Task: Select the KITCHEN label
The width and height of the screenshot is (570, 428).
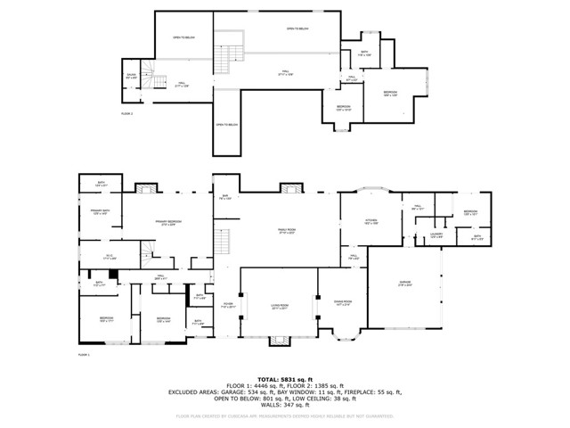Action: tap(371, 220)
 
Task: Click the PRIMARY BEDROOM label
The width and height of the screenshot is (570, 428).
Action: tap(167, 224)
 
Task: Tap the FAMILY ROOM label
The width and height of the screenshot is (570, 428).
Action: tap(287, 231)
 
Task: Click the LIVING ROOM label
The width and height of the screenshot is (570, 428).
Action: tap(281, 308)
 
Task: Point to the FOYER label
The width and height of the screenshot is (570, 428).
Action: tap(228, 304)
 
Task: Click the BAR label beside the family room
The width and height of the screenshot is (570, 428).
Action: tap(225, 197)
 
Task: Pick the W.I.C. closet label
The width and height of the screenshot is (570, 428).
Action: tap(110, 257)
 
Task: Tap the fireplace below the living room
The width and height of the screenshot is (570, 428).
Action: tap(281, 340)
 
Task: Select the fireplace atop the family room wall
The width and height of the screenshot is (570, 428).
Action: tap(290, 188)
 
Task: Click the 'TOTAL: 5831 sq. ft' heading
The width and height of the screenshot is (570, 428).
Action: tap(284, 378)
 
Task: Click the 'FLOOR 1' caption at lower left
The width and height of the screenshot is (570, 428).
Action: tap(85, 354)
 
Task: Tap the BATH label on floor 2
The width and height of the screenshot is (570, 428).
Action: tap(364, 53)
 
